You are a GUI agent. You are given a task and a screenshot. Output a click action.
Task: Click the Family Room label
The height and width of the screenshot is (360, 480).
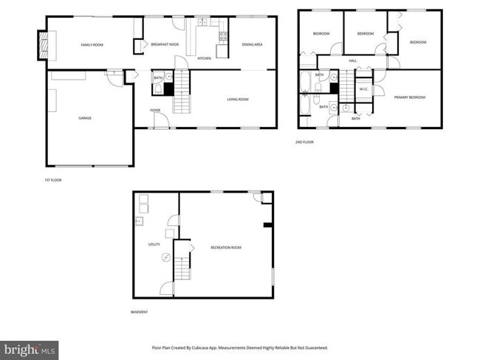(x=92, y=45)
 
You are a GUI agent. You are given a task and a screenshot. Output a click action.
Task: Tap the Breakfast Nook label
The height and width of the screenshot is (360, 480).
(x=165, y=45)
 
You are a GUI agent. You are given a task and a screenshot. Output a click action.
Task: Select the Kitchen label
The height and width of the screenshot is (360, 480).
(x=205, y=58)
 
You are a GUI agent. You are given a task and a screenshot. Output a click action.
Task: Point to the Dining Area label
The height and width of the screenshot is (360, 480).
(x=252, y=45)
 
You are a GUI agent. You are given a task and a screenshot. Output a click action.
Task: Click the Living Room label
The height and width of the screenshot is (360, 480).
(x=237, y=99)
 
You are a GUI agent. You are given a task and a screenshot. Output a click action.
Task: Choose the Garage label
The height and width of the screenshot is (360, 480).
(x=85, y=118)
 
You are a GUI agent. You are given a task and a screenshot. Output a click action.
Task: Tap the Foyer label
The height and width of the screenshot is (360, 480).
(x=155, y=111)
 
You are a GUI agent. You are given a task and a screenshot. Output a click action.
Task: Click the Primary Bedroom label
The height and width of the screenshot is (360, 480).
(x=409, y=97)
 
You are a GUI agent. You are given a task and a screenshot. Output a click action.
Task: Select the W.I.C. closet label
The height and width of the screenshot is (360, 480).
(x=363, y=89)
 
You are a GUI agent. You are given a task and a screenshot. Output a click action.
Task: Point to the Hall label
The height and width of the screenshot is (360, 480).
(x=353, y=60)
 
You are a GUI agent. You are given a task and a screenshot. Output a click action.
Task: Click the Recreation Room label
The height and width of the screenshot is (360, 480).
(x=225, y=247)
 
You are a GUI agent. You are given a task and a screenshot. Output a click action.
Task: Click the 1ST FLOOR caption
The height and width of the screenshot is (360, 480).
(x=53, y=180)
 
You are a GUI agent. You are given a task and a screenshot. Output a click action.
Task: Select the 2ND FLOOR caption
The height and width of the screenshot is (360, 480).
(x=304, y=142)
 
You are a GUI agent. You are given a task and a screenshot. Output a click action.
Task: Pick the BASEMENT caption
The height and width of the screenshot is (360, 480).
(x=139, y=312)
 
